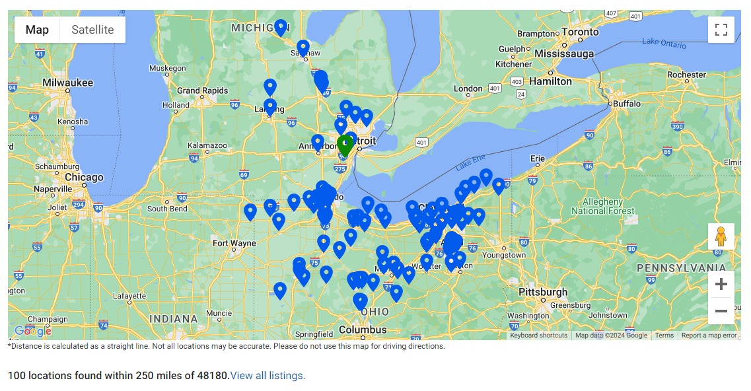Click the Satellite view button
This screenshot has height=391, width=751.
click(92, 30)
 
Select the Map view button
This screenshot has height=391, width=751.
click(37, 30)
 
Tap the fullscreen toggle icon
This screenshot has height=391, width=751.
click(721, 30)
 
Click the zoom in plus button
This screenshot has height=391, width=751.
click(721, 284)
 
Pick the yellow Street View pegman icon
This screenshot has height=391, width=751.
click(721, 236)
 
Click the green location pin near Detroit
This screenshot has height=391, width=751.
click(344, 145)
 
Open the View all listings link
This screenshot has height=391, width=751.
click(268, 376)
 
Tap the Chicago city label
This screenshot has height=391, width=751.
click(84, 177)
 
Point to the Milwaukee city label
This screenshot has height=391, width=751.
click(68, 83)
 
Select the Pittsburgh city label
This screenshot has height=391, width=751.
click(543, 292)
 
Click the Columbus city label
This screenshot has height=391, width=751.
click(363, 330)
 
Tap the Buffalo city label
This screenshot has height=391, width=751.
click(627, 104)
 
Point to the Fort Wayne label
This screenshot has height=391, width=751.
click(234, 243)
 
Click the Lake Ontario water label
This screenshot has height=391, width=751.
click(664, 43)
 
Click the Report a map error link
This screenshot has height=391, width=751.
click(709, 336)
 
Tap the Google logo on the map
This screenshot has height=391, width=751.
click(32, 331)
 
